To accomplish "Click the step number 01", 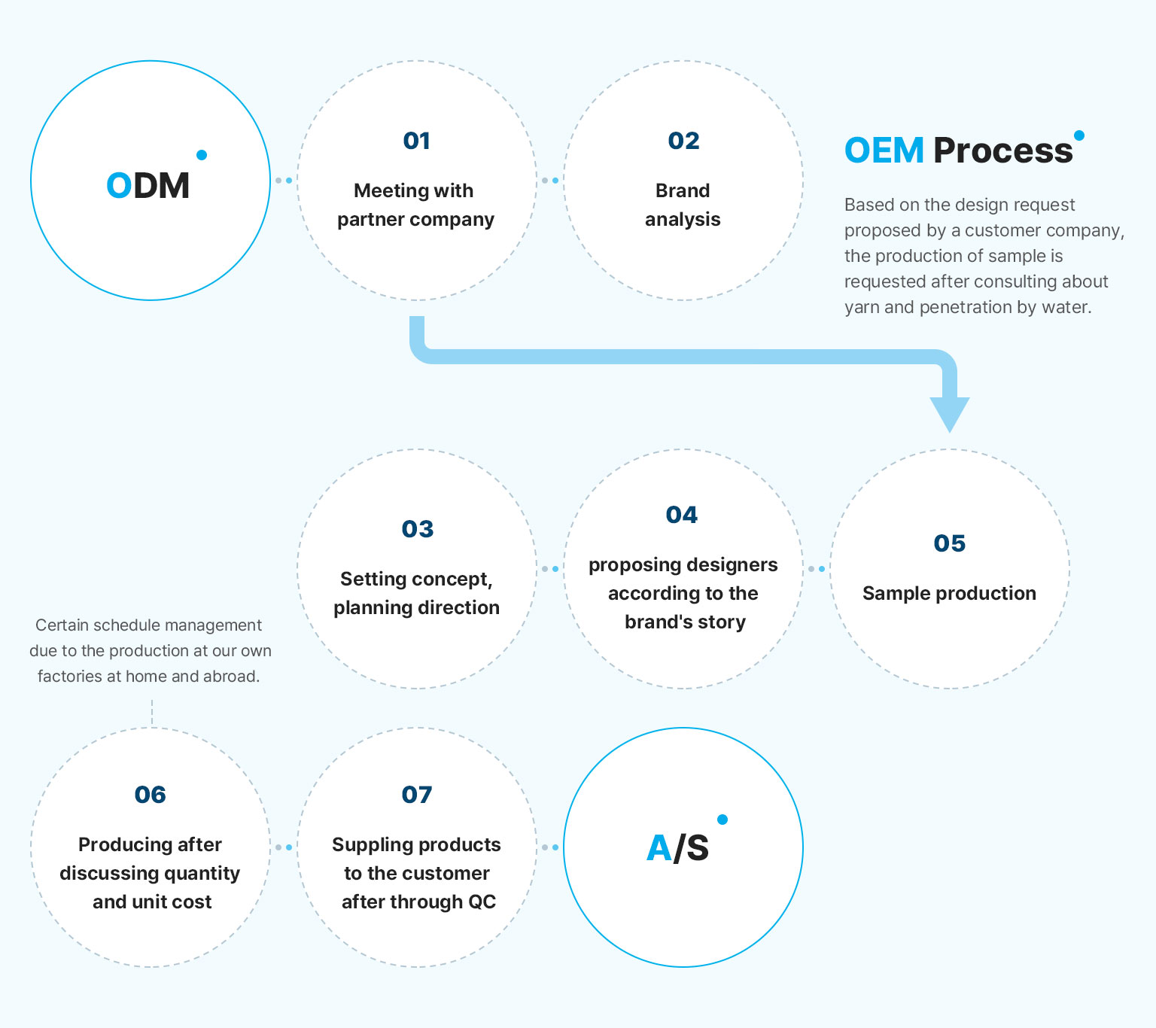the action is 416,141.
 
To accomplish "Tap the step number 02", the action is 683,141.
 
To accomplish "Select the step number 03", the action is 417,529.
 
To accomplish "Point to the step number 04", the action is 681,516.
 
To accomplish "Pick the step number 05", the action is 950,543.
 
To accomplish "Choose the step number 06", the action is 150,795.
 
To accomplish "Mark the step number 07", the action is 416,795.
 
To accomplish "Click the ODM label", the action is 148,185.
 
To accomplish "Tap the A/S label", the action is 677,847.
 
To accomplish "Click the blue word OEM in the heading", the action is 884,151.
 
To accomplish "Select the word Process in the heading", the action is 1003,151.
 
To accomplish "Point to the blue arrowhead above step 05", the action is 950,415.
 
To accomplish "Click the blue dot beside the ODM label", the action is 202,154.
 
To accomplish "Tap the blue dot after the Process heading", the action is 1079,135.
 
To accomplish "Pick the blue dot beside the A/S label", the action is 722,820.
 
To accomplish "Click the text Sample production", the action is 950,593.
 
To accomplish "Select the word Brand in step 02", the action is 683,190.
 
